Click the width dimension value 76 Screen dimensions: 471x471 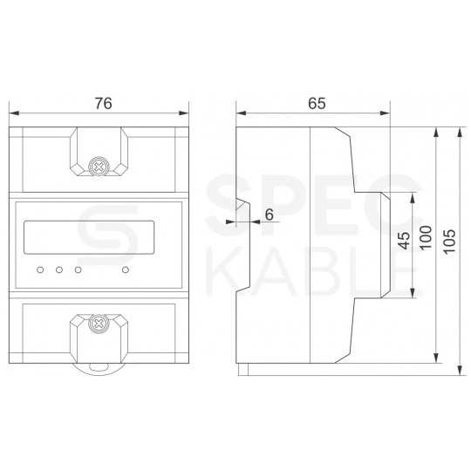tap(103, 103)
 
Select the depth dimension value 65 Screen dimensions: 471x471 tap(316, 103)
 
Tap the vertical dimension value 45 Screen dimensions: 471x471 tap(403, 242)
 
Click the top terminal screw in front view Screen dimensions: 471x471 tap(100, 164)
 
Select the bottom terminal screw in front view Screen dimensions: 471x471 tap(100, 324)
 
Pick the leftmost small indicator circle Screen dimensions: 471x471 tap(40, 269)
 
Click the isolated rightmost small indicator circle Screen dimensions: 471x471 tap(126, 269)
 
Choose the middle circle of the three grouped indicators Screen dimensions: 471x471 tap(59, 269)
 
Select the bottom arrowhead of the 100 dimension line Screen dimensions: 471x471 tap(435, 359)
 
